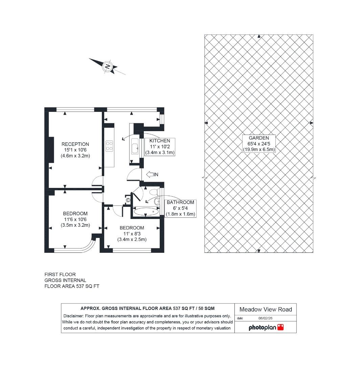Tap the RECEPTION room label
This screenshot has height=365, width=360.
[75, 144]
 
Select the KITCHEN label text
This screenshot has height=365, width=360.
[160, 141]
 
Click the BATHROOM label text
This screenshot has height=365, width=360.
[180, 202]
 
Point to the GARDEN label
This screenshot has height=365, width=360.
[259, 138]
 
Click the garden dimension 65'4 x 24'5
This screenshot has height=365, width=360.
[259, 144]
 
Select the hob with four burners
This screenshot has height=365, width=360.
[109, 146]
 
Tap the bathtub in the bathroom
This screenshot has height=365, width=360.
[146, 212]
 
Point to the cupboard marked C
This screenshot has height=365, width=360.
[128, 200]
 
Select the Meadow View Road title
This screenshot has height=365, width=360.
[266, 309]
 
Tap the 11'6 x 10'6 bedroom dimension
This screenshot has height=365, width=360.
[75, 219]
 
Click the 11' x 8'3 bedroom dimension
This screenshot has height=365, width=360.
[132, 234]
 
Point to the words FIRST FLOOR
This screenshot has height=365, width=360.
[60, 274]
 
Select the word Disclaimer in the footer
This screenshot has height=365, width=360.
[74, 316]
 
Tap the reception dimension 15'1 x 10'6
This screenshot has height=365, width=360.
[75, 150]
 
